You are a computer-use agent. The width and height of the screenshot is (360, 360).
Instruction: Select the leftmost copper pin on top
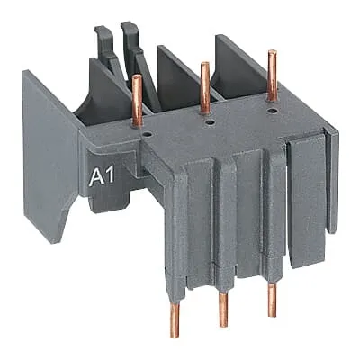coord(138,99)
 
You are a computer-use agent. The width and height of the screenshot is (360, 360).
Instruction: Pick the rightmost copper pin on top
coord(270,69)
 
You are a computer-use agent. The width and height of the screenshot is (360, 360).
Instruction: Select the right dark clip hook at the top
coord(129,38)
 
